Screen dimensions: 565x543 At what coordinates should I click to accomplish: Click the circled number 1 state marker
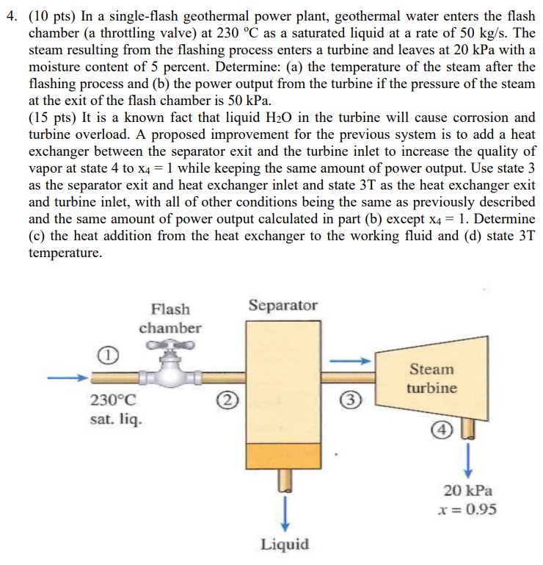[x=107, y=356]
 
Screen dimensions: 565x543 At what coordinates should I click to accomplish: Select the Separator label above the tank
[x=283, y=305]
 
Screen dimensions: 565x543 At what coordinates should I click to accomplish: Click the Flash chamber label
[x=170, y=318]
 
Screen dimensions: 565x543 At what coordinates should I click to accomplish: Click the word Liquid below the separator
[x=285, y=544]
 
